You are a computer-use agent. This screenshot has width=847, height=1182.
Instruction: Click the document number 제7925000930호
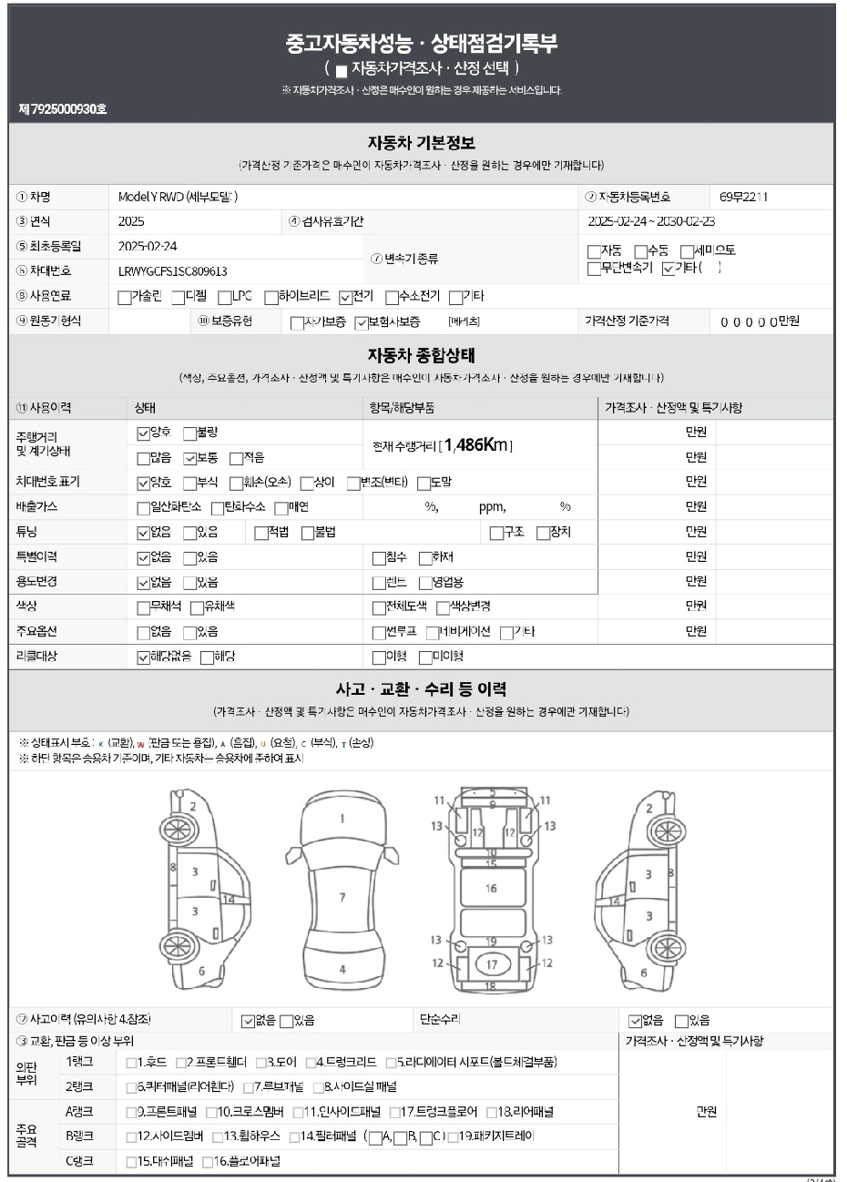click(x=63, y=109)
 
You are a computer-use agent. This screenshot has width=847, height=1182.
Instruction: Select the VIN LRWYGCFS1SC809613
click(x=173, y=271)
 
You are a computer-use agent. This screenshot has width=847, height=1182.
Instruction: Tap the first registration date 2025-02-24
click(x=148, y=246)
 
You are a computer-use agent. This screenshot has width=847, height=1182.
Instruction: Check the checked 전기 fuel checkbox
click(x=345, y=297)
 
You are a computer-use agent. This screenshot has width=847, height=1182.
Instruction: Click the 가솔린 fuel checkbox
click(x=125, y=297)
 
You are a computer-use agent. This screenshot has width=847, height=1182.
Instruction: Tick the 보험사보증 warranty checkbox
click(x=362, y=322)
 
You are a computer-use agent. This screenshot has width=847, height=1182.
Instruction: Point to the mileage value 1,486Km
click(x=478, y=445)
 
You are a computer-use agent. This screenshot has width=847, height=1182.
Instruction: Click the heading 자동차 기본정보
click(x=422, y=144)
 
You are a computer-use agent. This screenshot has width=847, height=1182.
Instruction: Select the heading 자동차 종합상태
click(x=422, y=355)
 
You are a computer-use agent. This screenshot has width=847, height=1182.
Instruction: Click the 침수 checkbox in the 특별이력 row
click(x=379, y=558)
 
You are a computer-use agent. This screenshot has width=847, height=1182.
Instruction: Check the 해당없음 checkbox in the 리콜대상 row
click(x=143, y=657)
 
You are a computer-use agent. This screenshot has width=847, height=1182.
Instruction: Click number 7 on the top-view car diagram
click(x=342, y=898)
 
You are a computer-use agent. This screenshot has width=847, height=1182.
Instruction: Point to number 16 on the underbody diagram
click(x=491, y=889)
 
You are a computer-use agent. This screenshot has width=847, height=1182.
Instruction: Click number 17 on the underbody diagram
click(x=492, y=964)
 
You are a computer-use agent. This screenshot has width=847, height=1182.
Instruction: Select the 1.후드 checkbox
click(x=131, y=1063)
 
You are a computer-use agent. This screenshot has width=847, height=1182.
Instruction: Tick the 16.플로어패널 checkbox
click(x=208, y=1162)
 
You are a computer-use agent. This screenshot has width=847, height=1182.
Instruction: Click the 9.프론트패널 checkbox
click(x=131, y=1112)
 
